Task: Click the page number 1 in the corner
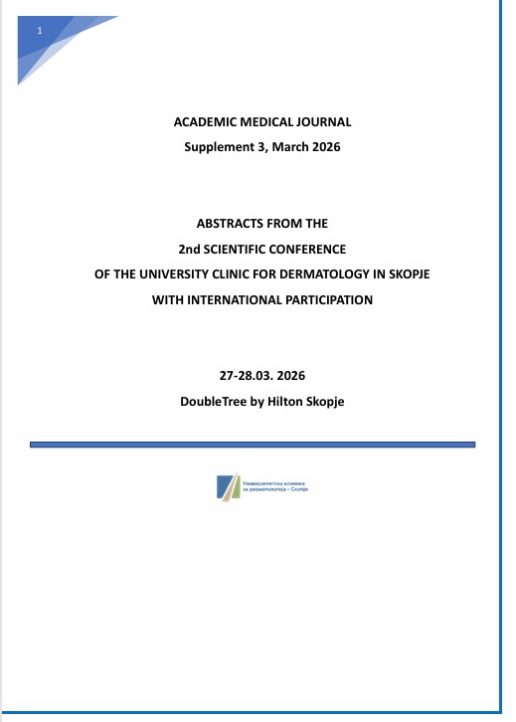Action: [40, 33]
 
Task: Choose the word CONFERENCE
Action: [312, 248]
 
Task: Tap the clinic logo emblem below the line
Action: [228, 487]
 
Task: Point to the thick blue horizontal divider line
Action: [253, 444]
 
